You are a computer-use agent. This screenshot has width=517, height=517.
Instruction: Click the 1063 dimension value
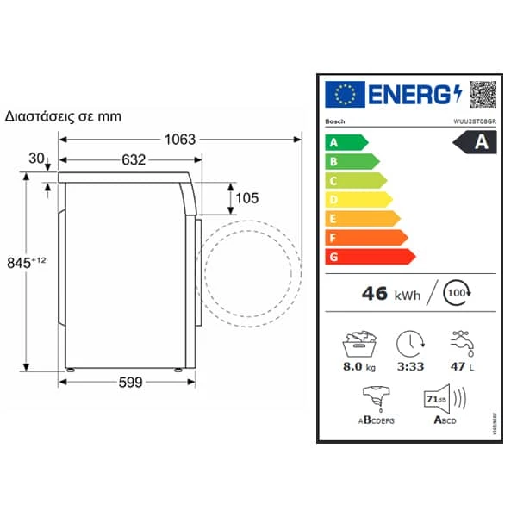tap(180, 139)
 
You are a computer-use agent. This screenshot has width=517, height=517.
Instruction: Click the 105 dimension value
tap(246, 198)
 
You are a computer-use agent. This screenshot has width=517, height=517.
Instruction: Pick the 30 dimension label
tap(35, 158)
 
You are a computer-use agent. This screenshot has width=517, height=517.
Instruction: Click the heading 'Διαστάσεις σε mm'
tap(63, 115)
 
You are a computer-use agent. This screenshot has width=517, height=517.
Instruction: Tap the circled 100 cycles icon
tap(457, 294)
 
